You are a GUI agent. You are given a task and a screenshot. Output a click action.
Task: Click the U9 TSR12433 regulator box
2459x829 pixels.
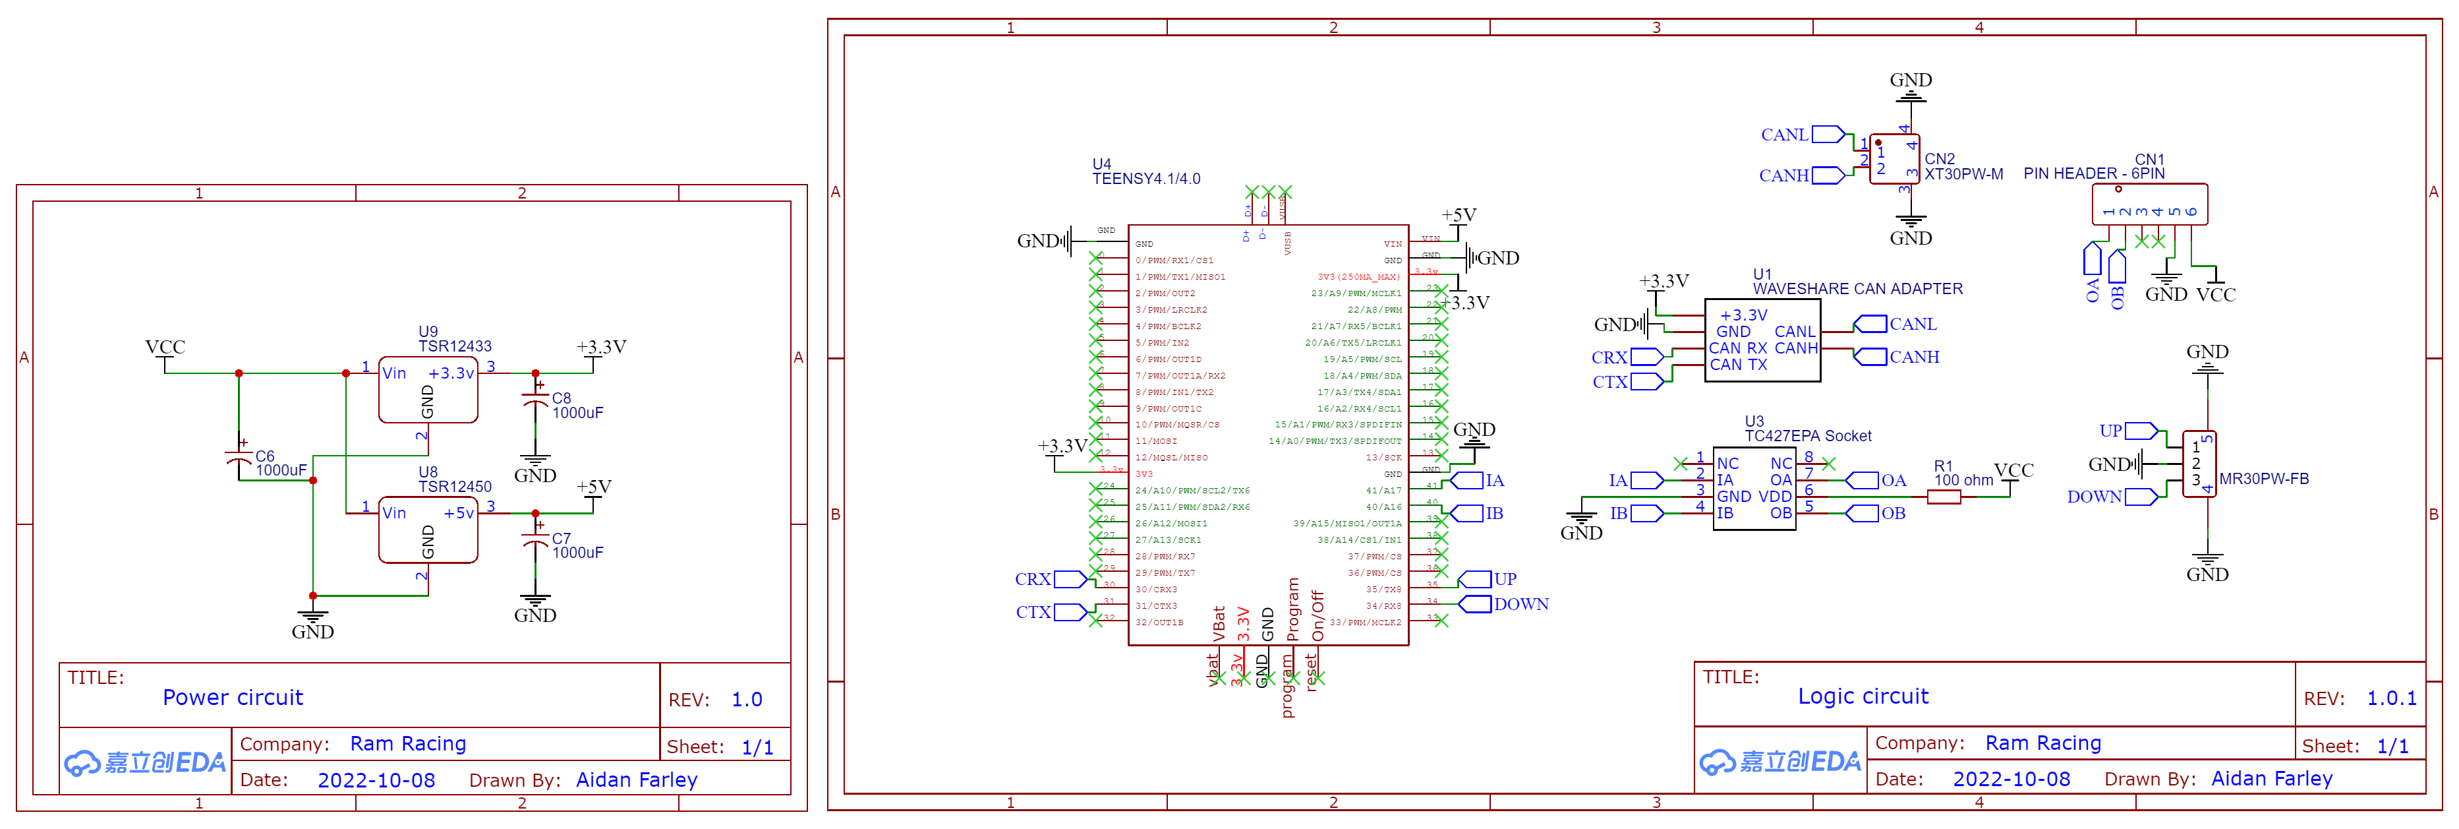[428, 390]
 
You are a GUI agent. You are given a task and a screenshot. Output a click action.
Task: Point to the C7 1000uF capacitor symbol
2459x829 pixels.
[536, 539]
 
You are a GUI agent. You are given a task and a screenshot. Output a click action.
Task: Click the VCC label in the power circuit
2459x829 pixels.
[165, 347]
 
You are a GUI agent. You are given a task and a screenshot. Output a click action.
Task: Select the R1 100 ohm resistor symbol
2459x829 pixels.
[1944, 497]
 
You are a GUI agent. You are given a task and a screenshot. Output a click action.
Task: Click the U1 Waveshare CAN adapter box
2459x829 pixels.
[1762, 340]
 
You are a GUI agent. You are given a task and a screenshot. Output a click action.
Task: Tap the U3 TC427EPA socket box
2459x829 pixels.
[1754, 488]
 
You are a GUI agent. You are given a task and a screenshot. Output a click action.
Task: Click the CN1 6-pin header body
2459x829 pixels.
[2149, 203]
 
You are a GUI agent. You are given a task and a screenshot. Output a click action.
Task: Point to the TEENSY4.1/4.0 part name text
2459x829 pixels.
[1146, 179]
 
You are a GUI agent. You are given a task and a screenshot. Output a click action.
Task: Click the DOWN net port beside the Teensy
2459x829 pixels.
[1475, 603]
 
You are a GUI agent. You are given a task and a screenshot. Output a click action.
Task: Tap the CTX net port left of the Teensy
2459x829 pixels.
[1069, 612]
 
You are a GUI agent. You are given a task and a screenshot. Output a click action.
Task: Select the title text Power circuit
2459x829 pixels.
[232, 697]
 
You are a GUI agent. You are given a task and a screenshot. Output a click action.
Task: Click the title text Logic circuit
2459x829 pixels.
[1863, 696]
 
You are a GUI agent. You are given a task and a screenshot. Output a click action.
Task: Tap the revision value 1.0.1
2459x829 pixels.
[2391, 698]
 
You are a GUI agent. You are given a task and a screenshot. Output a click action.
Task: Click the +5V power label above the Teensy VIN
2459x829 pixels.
[1459, 215]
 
